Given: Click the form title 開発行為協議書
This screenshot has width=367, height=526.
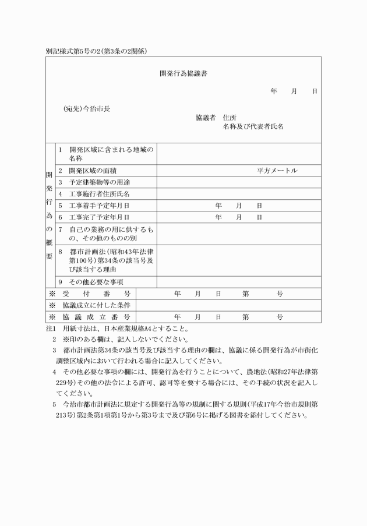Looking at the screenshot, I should click(x=184, y=74).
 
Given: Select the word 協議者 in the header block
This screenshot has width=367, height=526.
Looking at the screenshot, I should click(x=206, y=118).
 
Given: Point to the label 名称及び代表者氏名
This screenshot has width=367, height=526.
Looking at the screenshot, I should click(x=253, y=126).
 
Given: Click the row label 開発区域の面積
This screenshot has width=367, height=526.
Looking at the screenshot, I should click(x=93, y=171).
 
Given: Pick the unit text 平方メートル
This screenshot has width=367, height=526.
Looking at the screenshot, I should click(x=277, y=171).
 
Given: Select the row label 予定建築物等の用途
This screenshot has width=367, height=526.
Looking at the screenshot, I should click(x=97, y=182).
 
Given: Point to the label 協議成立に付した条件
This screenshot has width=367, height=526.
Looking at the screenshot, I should click(x=97, y=306).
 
